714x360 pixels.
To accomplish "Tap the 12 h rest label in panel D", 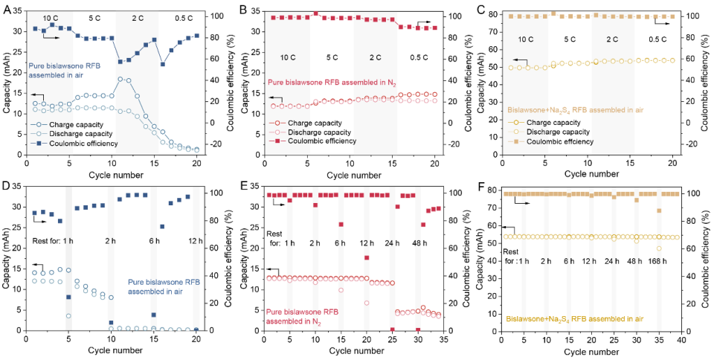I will (195, 240).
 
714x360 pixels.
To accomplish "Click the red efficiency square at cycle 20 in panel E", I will (367, 258).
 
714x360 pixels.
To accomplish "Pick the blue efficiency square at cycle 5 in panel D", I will (68, 297).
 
